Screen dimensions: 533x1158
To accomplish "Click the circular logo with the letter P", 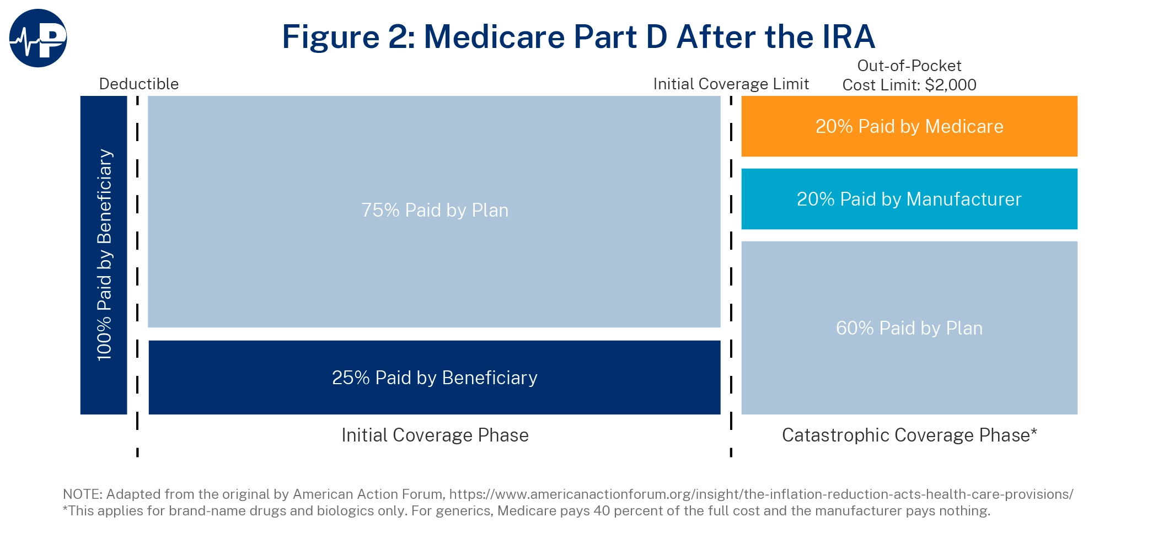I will (38, 38).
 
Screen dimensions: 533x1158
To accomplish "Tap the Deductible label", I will (138, 84).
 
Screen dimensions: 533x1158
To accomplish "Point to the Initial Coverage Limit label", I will (731, 84).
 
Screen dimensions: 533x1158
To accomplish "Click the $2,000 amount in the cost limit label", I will (950, 85).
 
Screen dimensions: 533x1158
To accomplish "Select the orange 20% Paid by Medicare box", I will (909, 126).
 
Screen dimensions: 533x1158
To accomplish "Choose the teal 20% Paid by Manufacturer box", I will (909, 199).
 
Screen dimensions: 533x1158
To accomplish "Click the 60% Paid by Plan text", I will (909, 328).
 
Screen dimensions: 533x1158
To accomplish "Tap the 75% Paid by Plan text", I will (435, 210).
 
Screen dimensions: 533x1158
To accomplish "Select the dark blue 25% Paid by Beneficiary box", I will (435, 378).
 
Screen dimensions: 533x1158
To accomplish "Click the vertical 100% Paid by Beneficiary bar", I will (104, 255).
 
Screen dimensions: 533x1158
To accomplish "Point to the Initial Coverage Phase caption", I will (435, 435).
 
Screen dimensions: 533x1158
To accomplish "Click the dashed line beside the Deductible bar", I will (137, 276).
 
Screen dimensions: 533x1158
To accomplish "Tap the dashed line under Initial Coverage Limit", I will (731, 276).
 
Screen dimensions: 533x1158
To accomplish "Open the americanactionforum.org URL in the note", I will (761, 494).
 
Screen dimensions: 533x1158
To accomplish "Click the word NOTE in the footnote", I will (82, 494).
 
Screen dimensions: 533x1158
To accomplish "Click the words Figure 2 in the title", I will (347, 37).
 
